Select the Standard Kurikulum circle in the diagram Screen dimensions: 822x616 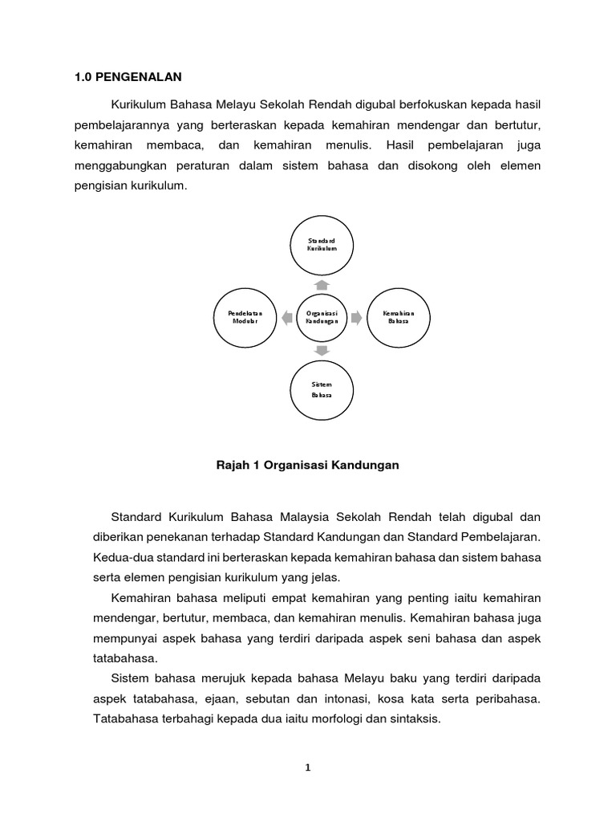(321, 244)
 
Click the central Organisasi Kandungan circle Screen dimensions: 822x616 (321, 316)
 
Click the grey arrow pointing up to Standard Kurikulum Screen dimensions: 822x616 (321, 284)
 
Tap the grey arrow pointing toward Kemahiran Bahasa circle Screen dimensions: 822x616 (357, 317)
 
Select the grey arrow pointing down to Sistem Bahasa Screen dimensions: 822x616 (321, 351)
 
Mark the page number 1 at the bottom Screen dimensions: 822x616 (307, 767)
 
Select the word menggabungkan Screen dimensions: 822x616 (120, 166)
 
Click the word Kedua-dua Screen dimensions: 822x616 (117, 555)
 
